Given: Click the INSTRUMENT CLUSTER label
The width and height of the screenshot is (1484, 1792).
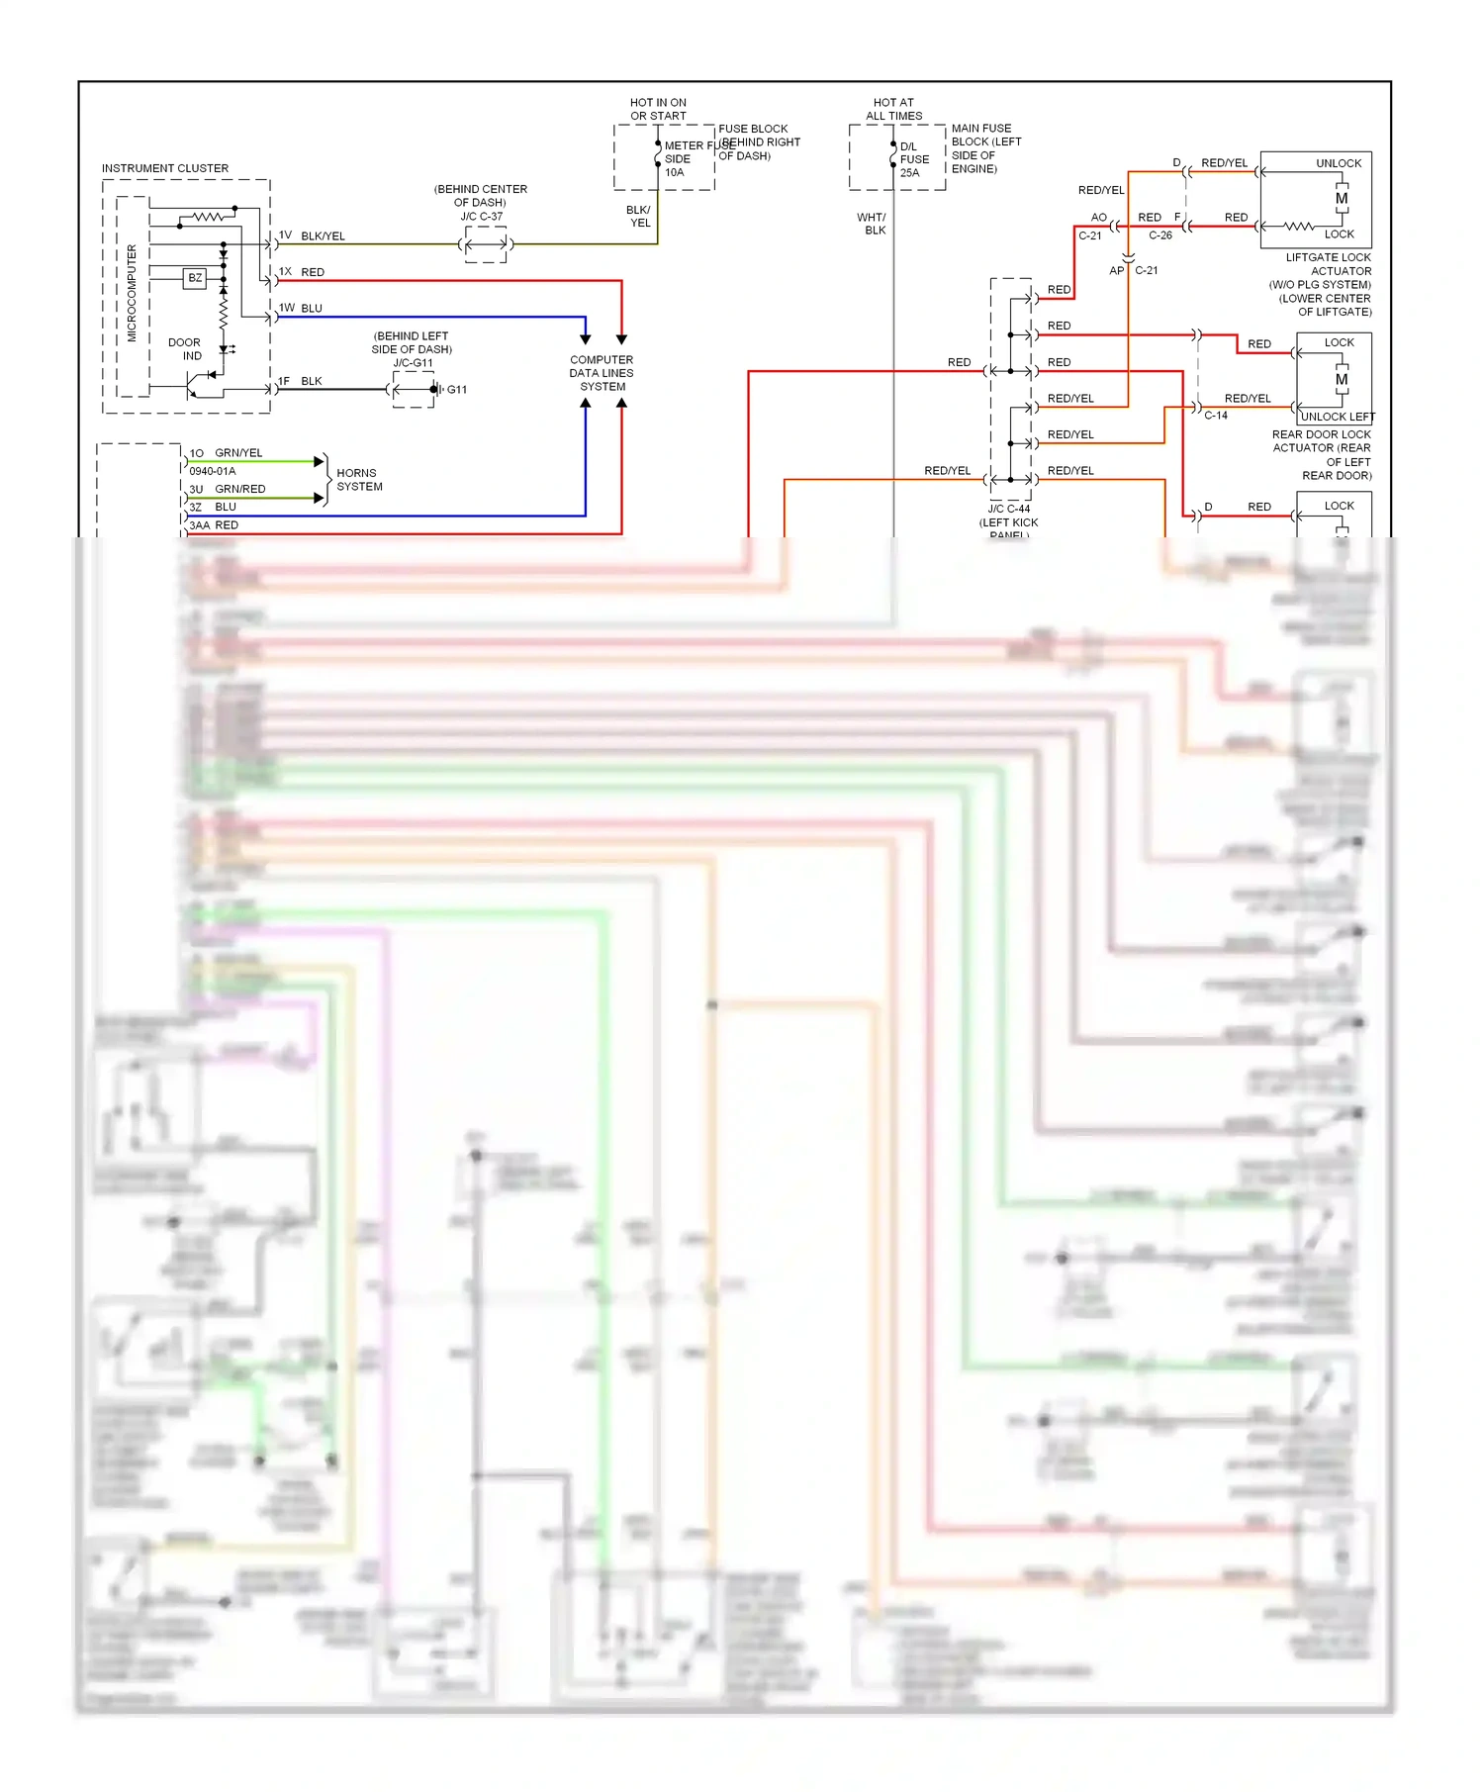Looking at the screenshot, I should click(164, 168).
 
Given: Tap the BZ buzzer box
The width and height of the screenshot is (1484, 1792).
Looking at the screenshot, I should click(195, 278).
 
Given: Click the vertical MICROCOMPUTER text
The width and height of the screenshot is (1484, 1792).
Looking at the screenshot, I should click(132, 294).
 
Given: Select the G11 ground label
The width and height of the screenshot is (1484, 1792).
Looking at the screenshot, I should click(456, 390).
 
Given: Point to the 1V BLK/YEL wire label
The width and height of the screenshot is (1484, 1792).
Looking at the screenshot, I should click(312, 236).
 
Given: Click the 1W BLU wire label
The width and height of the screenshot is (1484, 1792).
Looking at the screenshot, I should click(301, 309).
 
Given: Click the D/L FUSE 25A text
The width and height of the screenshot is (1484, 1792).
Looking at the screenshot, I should click(913, 159).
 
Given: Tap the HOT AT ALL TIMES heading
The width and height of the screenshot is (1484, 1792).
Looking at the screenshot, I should click(893, 109).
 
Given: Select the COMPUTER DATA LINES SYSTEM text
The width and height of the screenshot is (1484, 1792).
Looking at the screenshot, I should click(602, 373).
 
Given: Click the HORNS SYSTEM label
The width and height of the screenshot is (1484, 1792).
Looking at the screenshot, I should click(358, 480).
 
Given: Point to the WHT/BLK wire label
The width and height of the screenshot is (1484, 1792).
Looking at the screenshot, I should click(873, 224).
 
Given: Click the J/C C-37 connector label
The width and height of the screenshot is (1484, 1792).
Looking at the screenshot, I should click(482, 217).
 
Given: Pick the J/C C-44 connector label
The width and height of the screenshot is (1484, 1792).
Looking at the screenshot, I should click(1008, 510).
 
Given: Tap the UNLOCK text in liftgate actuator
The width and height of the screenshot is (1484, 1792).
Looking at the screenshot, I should click(1338, 163).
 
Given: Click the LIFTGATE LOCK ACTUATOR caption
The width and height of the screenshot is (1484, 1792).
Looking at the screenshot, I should click(1328, 264).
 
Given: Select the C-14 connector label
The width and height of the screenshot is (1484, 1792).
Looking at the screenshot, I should click(1215, 416).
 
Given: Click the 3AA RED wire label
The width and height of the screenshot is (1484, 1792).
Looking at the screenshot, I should click(214, 525).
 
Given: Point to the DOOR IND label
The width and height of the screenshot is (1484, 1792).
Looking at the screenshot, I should click(185, 349).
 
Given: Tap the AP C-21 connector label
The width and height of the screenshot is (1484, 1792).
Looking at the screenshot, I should click(1134, 270).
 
